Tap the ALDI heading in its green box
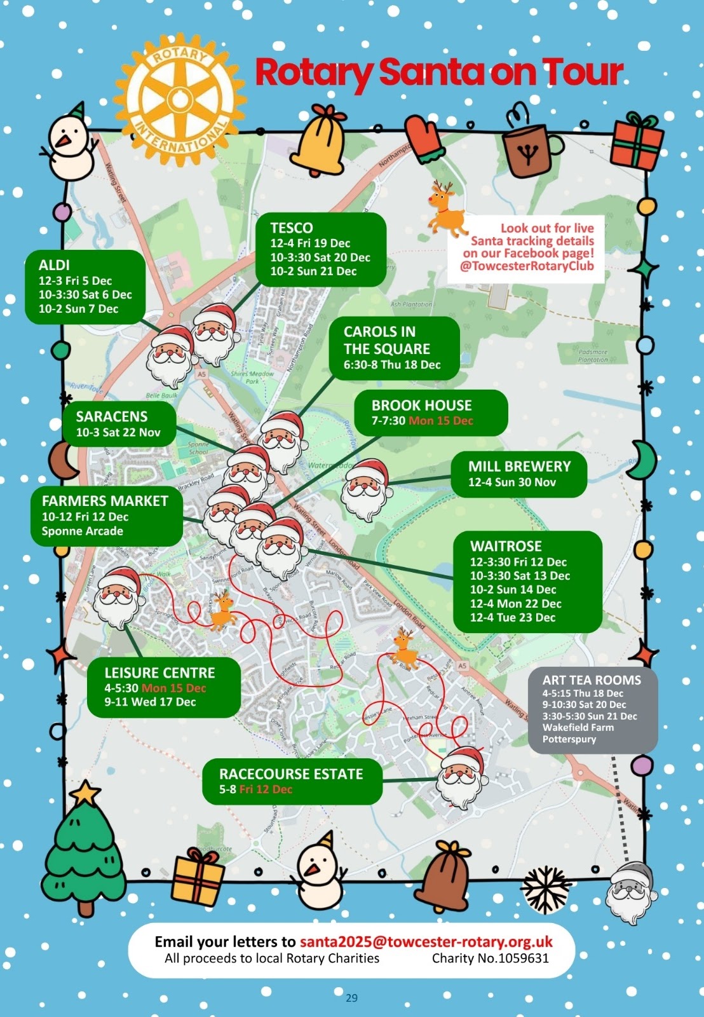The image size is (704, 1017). (x=54, y=265)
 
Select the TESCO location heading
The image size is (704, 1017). (x=292, y=228)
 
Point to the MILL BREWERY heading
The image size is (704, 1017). (x=519, y=466)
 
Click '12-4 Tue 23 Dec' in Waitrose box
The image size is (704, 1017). (x=512, y=617)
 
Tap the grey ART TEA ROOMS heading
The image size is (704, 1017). (x=592, y=679)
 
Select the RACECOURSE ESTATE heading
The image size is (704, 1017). (x=291, y=774)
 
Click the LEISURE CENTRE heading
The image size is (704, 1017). (x=159, y=672)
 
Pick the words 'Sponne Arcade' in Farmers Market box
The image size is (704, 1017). (x=83, y=531)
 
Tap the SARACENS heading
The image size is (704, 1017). (x=112, y=416)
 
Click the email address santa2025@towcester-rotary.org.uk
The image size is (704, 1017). (x=426, y=941)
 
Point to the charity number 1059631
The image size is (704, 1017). (x=490, y=959)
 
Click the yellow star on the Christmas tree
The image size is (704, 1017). (x=85, y=793)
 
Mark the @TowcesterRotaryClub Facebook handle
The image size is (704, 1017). (x=527, y=266)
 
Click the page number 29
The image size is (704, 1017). (x=351, y=998)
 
